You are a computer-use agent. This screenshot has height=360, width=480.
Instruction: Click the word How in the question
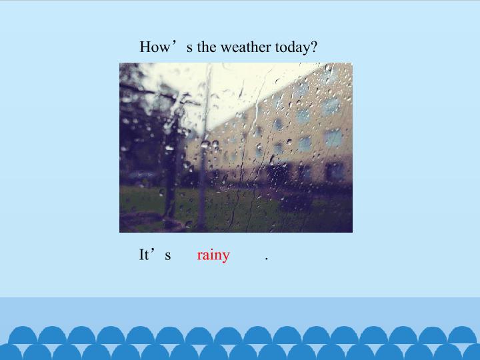(154, 47)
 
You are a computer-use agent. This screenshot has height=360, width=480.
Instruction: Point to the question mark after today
(313, 47)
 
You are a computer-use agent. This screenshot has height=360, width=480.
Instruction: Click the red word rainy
(213, 255)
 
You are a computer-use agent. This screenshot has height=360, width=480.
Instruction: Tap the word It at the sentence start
(144, 255)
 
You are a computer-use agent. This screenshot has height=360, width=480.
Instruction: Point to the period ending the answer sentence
(267, 259)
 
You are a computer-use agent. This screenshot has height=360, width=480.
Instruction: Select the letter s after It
(168, 255)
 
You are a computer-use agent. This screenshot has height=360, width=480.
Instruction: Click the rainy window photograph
(236, 147)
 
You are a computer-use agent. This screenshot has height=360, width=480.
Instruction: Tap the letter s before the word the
(190, 49)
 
